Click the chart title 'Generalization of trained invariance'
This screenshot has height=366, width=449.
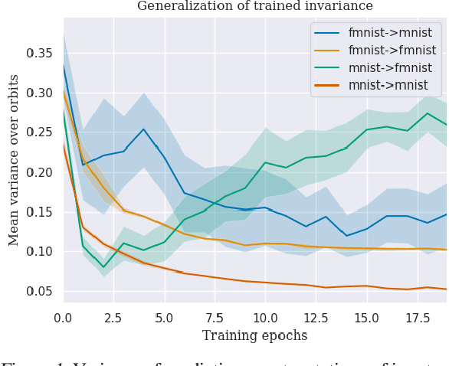click(x=255, y=6)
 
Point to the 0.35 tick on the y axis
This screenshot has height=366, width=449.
click(x=43, y=54)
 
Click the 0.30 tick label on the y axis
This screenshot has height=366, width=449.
click(x=43, y=93)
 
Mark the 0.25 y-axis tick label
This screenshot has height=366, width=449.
click(x=43, y=133)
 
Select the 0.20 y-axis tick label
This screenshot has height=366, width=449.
click(x=43, y=172)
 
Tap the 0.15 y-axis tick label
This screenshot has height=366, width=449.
click(x=43, y=212)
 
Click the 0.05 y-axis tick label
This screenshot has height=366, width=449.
click(x=43, y=292)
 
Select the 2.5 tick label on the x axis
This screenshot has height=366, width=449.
click(x=113, y=316)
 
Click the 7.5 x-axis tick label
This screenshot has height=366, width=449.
click(x=215, y=316)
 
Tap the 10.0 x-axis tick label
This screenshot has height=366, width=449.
click(x=264, y=316)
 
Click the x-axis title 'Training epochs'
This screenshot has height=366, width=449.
click(x=254, y=335)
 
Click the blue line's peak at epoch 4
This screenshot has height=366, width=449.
click(x=143, y=129)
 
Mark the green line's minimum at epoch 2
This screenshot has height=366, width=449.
click(x=103, y=267)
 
